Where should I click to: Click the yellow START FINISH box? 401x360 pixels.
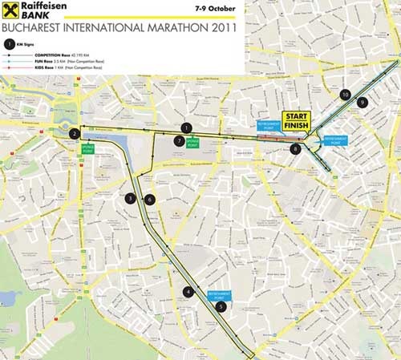(x=296, y=121)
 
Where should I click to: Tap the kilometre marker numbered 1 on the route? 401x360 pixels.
(x=186, y=127)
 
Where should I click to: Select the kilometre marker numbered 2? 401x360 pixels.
(x=74, y=134)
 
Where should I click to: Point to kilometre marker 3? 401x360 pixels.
(x=130, y=198)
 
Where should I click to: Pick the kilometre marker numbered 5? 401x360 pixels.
(x=221, y=305)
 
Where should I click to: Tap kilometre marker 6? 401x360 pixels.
(x=149, y=199)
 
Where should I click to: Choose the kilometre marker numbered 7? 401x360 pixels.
(x=179, y=140)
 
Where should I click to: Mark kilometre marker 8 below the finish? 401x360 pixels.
(x=296, y=149)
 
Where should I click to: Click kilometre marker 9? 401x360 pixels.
(x=363, y=102)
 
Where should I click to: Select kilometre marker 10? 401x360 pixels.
(x=345, y=95)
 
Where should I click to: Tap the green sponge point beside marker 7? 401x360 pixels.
(x=192, y=144)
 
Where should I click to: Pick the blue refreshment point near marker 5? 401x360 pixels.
(x=219, y=295)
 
